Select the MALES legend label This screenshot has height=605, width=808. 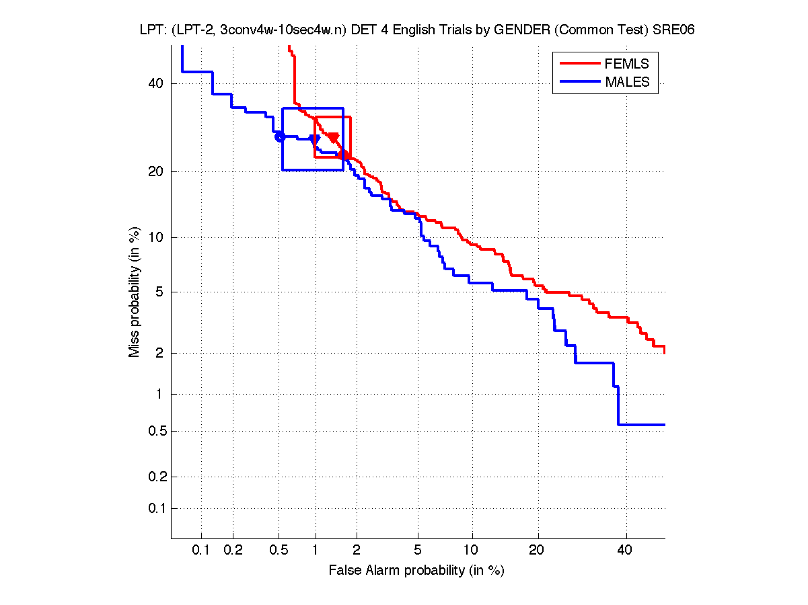click(627, 82)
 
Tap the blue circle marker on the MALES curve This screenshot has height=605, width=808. click(281, 136)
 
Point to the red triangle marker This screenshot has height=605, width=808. click(333, 138)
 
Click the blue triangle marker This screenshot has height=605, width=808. click(314, 139)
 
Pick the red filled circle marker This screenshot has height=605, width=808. click(343, 155)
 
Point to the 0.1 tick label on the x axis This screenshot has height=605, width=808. click(201, 551)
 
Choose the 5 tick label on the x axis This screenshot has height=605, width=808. click(418, 551)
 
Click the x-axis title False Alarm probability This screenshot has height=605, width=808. click(416, 571)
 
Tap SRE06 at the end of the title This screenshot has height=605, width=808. click(675, 30)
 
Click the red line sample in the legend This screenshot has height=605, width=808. click(579, 64)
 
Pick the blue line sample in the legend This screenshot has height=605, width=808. click(579, 82)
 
